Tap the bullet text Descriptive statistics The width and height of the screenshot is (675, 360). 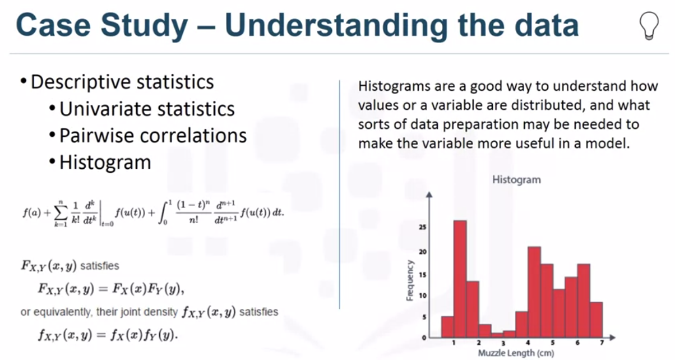point(122,82)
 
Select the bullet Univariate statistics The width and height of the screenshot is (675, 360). point(147,108)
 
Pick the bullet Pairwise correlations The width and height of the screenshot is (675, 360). point(152,135)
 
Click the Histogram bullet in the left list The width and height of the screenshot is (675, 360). point(105,162)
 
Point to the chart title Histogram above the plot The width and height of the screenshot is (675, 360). point(516,180)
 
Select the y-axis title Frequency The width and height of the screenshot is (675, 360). point(410,280)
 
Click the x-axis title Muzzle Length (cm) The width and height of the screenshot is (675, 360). point(516,353)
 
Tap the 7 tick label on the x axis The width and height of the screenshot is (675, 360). point(602,343)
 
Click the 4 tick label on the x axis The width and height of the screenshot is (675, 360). point(528,343)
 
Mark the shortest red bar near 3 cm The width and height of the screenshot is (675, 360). point(497,335)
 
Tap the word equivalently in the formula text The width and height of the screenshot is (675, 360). point(59,311)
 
